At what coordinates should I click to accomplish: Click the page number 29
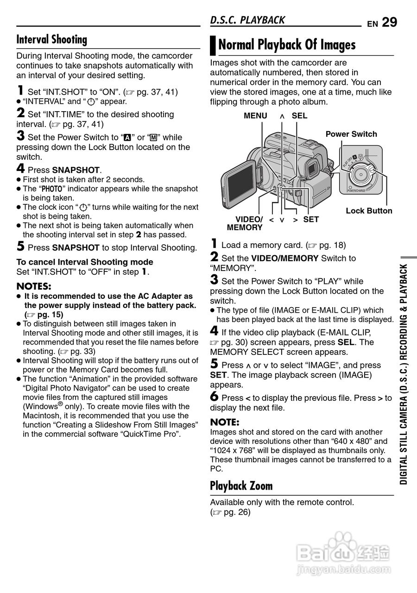[x=390, y=22]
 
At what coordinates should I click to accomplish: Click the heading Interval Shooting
[x=52, y=40]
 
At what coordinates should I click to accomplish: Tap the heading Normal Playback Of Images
[x=287, y=45]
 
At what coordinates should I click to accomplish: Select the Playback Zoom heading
[x=241, y=486]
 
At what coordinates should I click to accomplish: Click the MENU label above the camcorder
[x=255, y=116]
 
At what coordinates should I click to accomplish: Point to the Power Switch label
[x=351, y=134]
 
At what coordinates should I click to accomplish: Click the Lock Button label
[x=369, y=211]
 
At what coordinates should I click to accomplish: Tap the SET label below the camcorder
[x=311, y=220]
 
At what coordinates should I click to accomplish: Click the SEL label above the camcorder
[x=299, y=116]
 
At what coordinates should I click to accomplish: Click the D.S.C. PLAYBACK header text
[x=247, y=20]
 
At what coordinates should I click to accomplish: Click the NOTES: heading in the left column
[x=34, y=286]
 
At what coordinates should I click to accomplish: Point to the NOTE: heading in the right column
[x=225, y=422]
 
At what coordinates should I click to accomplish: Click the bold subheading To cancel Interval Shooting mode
[x=85, y=262]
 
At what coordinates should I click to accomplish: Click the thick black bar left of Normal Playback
[x=213, y=45]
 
